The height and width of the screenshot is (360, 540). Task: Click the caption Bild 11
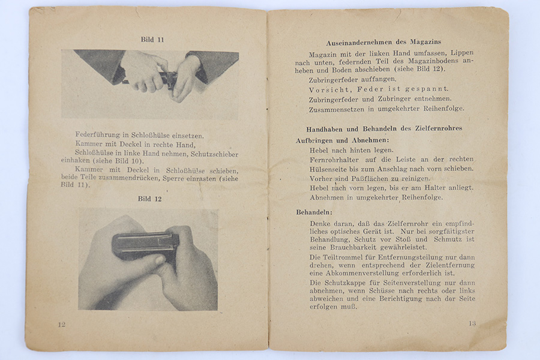point(152,40)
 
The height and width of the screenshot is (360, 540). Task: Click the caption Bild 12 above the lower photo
point(149,199)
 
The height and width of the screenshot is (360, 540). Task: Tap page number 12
point(62,324)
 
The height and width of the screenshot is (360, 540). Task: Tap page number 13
point(472,323)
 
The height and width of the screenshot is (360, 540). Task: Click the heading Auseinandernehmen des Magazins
point(383,42)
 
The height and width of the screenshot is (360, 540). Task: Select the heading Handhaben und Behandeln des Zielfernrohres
point(384,128)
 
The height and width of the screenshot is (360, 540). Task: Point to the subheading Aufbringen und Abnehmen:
point(333,140)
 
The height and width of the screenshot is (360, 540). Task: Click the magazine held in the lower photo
point(145,244)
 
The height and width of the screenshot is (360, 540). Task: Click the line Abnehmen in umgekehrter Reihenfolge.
point(376,197)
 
